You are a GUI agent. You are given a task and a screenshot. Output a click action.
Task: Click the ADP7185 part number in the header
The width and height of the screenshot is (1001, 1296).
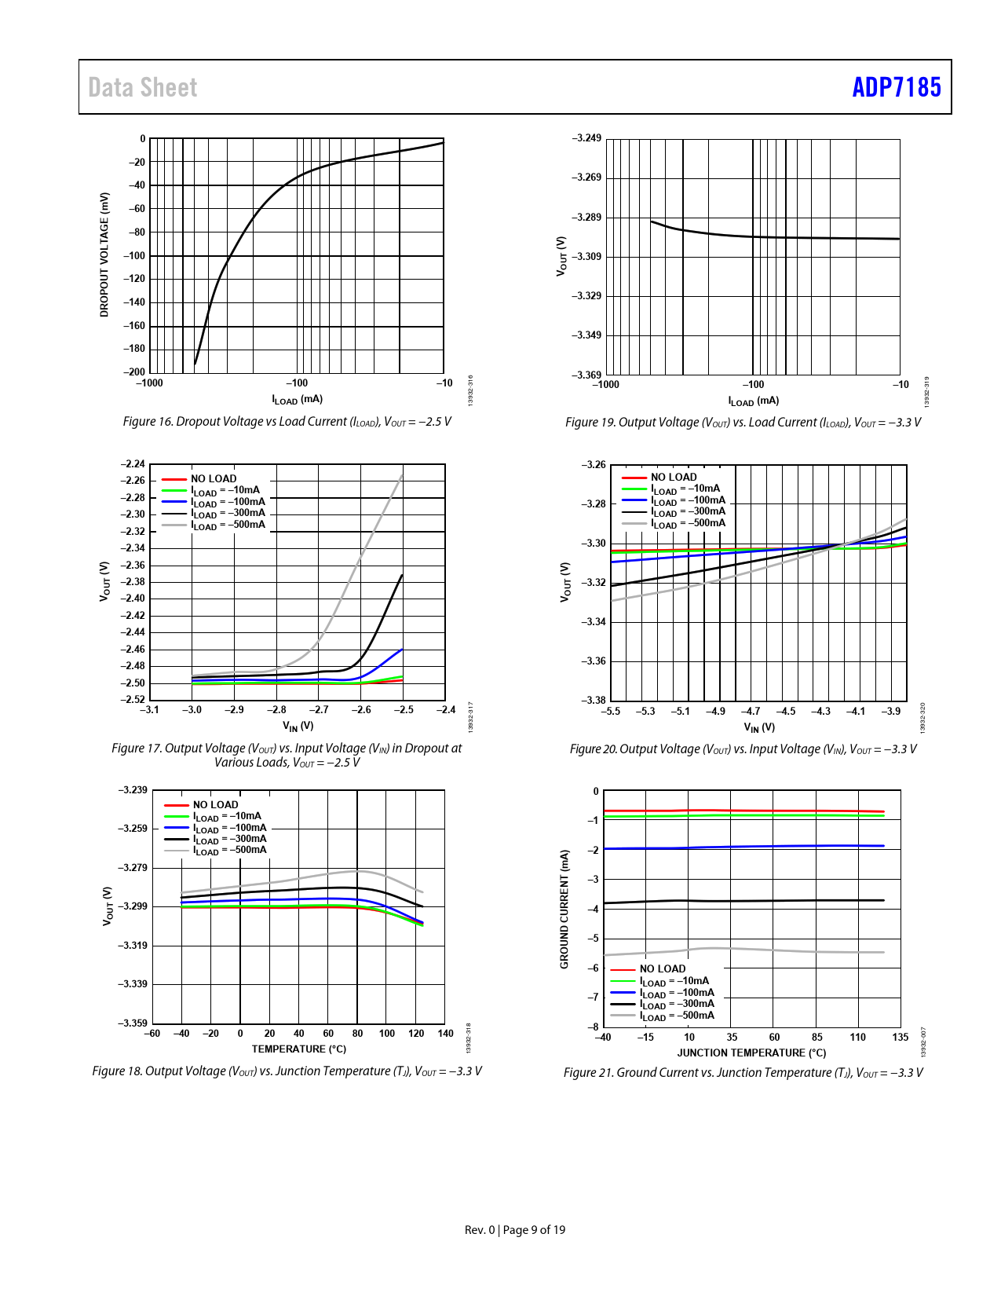[x=896, y=87]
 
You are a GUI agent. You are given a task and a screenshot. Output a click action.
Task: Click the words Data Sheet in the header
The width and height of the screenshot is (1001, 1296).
[x=143, y=88]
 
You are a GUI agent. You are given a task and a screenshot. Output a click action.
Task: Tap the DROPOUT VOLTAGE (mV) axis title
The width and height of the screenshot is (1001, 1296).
[x=104, y=254]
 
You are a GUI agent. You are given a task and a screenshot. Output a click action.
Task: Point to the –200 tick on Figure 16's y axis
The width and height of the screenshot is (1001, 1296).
[x=137, y=372]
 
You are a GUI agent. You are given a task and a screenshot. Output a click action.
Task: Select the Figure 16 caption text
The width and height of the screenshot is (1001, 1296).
[x=287, y=422]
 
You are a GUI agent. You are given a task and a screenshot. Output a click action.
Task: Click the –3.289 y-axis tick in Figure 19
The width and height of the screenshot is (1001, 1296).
[x=586, y=217]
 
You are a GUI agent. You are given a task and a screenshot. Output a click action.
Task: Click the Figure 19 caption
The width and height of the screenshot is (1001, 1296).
[x=743, y=423]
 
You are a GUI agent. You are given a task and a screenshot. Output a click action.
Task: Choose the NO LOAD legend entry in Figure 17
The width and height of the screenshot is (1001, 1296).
[x=213, y=478]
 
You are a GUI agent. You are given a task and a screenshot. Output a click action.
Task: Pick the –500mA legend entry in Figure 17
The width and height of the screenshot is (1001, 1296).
[x=228, y=525]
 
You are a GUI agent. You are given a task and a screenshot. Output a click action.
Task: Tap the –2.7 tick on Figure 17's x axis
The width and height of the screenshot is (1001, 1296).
[x=319, y=710]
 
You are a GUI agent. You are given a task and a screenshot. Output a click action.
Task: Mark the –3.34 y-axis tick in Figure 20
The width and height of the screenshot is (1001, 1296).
[x=594, y=622]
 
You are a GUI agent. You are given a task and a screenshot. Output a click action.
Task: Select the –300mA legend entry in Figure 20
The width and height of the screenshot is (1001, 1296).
[x=688, y=511]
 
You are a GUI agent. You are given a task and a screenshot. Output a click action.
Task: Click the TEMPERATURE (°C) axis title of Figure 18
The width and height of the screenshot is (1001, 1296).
[x=298, y=1049]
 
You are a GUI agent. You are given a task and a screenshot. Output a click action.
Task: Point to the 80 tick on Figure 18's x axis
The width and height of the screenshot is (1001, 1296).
[x=357, y=1034]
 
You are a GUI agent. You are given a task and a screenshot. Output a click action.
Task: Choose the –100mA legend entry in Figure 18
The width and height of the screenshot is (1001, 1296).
[x=230, y=828]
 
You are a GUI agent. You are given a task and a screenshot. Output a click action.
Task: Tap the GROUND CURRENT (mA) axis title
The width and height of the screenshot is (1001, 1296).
[x=564, y=909]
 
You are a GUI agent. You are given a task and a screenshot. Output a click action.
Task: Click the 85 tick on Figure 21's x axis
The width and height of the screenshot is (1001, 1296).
[x=817, y=1038]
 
